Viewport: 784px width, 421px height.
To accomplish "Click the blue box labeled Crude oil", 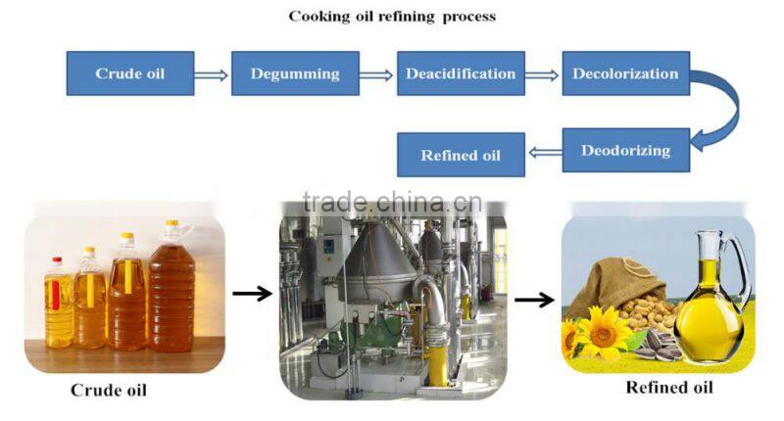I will tap(128, 73).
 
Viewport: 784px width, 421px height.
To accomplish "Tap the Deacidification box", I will tap(461, 73).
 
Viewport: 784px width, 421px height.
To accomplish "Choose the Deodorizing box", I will tap(625, 151).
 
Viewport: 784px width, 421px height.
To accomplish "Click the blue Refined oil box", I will tap(460, 156).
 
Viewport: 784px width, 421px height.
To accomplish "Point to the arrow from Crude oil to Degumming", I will tap(211, 73).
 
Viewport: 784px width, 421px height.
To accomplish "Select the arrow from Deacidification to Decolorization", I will tap(543, 73).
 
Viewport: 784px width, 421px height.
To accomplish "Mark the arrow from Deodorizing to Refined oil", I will tap(543, 152).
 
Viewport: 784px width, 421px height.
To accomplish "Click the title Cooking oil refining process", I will tap(392, 17).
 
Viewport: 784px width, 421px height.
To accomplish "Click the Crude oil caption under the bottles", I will tap(108, 390).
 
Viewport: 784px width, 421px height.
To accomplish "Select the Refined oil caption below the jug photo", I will tap(669, 388).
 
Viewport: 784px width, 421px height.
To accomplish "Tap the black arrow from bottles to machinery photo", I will tap(252, 292).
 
